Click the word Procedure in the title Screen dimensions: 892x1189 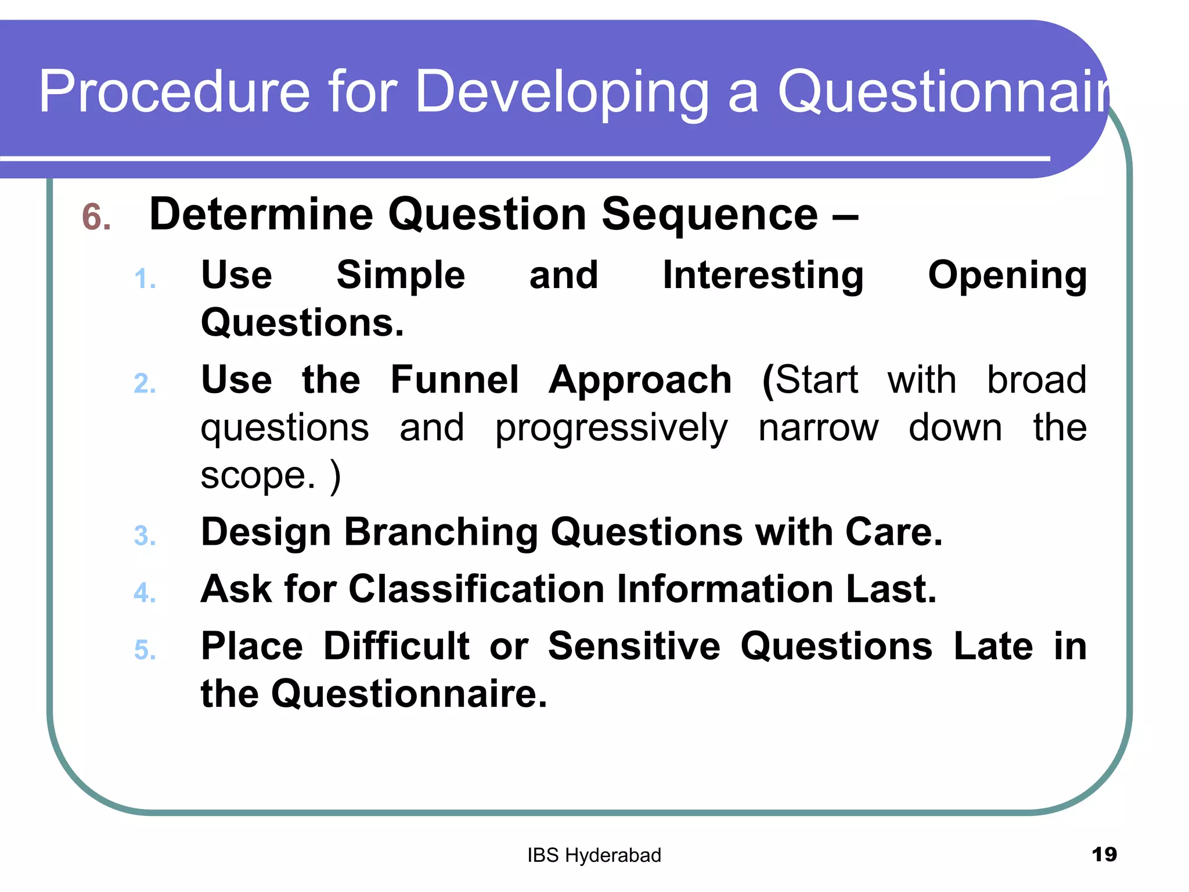click(x=174, y=92)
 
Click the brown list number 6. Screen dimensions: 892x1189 click(x=96, y=217)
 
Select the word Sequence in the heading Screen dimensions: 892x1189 click(x=709, y=215)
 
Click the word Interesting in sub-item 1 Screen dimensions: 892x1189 click(x=763, y=275)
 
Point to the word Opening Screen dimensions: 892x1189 click(x=1007, y=276)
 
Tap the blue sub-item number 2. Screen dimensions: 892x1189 click(x=145, y=384)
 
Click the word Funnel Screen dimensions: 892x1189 click(x=454, y=380)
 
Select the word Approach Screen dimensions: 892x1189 click(x=640, y=381)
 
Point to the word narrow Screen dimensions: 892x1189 click(x=818, y=428)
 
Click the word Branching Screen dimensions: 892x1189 click(x=441, y=533)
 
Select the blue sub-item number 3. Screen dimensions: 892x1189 click(x=145, y=536)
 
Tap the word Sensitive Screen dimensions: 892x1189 click(x=634, y=646)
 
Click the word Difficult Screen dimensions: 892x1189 click(x=396, y=646)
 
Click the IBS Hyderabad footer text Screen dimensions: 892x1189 click(x=594, y=855)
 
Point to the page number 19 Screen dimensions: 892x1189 click(x=1104, y=854)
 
